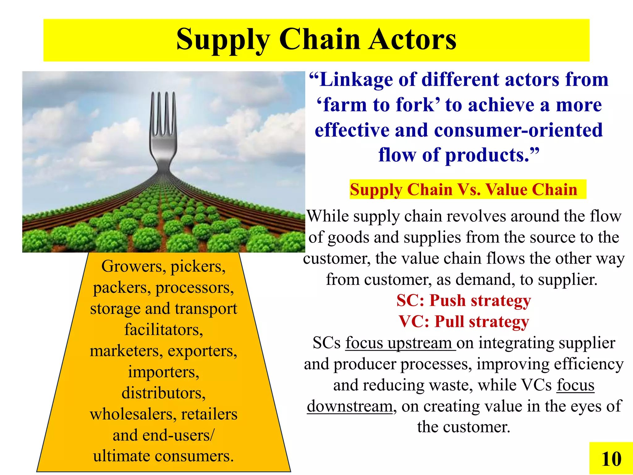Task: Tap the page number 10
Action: (611, 459)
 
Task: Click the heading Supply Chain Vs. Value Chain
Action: (463, 190)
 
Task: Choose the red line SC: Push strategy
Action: (463, 301)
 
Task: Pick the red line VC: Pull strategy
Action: (463, 322)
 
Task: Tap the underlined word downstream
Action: (350, 406)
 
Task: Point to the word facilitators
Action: (164, 330)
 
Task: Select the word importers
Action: (164, 372)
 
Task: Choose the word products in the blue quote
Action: (487, 155)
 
